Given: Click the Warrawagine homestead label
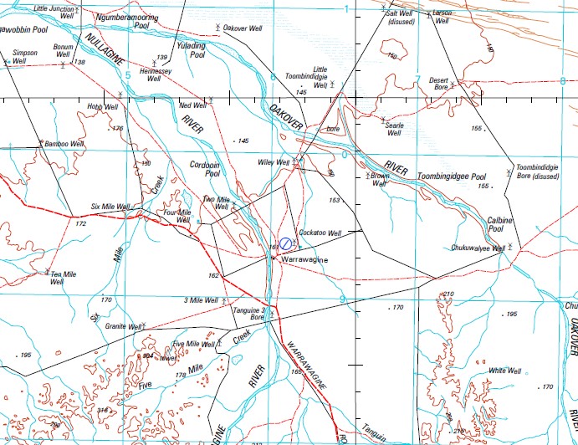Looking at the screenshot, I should click(x=304, y=260).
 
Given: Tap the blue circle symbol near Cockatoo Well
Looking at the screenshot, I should click(x=286, y=243).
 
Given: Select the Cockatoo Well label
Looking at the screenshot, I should click(x=320, y=233).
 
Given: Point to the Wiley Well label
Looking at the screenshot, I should click(x=272, y=162).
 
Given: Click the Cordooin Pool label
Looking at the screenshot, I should click(x=205, y=169).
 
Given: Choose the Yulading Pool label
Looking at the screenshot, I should click(x=192, y=50).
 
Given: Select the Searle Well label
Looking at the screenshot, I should click(x=393, y=128).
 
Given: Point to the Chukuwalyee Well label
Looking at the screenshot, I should click(x=476, y=248).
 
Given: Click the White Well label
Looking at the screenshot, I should click(x=505, y=371).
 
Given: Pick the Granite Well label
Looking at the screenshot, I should click(x=122, y=327).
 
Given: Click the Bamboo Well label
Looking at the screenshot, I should click(x=64, y=144).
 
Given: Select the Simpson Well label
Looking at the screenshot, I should click(x=23, y=56).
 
